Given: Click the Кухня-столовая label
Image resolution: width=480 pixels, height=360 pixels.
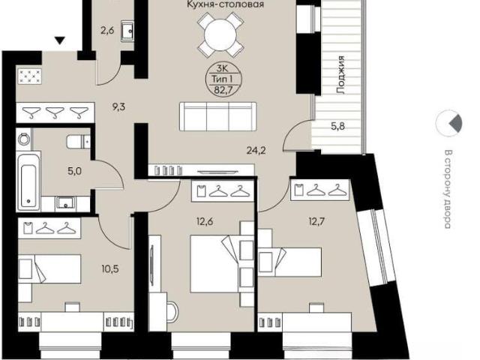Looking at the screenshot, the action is tap(225, 4).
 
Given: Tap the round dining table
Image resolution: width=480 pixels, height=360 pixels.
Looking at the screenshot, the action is tap(220, 34).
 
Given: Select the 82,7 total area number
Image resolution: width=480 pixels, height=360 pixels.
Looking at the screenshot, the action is tap(223, 90).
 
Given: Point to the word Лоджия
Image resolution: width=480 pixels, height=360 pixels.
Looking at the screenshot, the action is tap(340, 75).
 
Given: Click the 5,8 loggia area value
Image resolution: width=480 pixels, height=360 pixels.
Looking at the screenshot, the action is tap(337, 126).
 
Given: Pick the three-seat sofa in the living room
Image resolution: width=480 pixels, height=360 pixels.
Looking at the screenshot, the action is tap(217, 116).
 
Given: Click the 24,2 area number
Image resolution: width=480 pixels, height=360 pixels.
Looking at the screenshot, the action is tap(256, 150).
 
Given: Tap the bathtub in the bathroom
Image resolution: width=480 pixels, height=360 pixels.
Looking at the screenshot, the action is tap(28, 181).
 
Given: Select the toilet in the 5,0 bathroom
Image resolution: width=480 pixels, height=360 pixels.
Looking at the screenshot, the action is tap(78, 142).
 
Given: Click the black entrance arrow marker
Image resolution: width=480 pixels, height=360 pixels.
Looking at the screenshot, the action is tap(60, 40).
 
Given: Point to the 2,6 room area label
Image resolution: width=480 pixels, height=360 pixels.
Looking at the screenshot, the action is tap(107, 30).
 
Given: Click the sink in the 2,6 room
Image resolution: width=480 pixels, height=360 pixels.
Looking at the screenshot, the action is tap(127, 30).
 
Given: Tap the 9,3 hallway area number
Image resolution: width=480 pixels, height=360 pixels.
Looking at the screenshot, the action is tap(118, 107).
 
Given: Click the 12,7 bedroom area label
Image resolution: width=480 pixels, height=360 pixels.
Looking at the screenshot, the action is tap(316, 221).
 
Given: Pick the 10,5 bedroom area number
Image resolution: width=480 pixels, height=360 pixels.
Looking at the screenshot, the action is tap(110, 268).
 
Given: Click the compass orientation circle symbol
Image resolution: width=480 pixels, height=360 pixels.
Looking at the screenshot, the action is tap(449, 123).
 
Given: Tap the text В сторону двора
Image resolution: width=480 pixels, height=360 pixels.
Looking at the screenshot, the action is tap(448, 189).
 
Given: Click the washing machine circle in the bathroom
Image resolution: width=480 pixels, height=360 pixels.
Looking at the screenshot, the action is tap(23, 139).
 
